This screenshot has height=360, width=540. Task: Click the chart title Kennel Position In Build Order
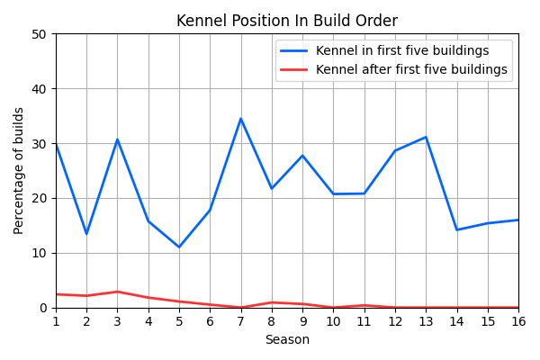pos(286,21)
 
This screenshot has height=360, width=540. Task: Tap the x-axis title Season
pos(286,340)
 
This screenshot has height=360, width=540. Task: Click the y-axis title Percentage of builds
pos(19,170)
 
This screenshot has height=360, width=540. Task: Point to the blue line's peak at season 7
pos(241,119)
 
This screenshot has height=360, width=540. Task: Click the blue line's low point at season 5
pos(179,247)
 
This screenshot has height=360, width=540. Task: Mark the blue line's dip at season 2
pos(86,234)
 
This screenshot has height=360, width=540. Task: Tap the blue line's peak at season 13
pos(426,137)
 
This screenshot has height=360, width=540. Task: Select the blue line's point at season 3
pos(117,139)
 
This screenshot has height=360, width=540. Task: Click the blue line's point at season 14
pos(457,229)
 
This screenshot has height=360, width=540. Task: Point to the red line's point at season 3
pos(117,292)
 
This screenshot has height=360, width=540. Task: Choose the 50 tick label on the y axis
pos(40,34)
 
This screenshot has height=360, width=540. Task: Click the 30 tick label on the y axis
pos(40,144)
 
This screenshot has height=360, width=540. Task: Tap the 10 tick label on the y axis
pos(40,253)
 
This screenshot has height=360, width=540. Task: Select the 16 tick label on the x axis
pos(518,321)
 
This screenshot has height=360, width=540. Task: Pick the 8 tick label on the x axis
pos(272,321)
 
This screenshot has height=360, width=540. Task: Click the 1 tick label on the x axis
pos(56,321)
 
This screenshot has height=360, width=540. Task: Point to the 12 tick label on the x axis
pos(395,321)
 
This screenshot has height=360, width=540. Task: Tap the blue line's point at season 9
pos(302,156)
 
